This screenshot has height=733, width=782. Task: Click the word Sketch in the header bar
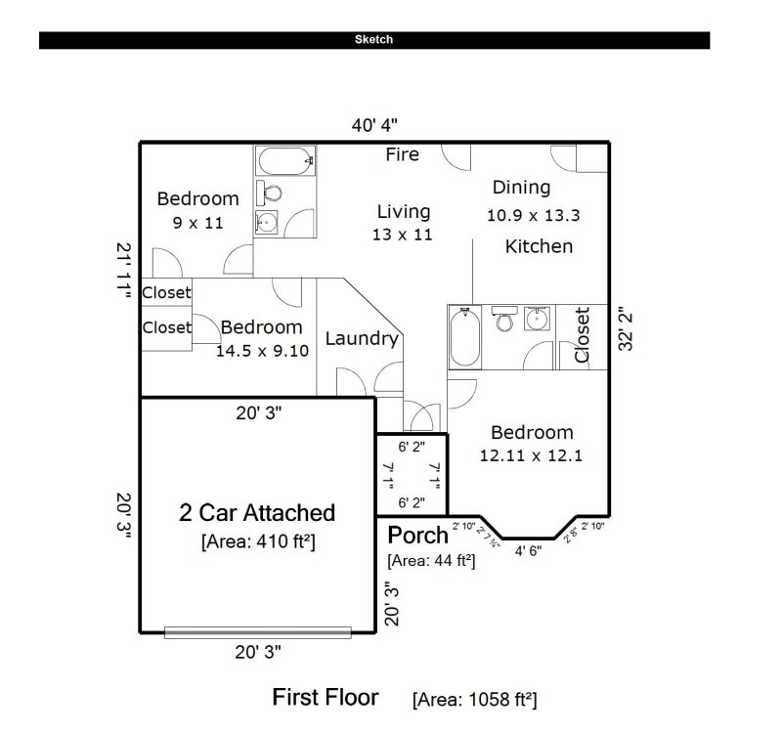pyautogui.click(x=374, y=40)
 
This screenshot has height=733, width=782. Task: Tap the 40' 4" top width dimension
pyautogui.click(x=374, y=125)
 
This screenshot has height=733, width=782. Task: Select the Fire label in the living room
pyautogui.click(x=402, y=154)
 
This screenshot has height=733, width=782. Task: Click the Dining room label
pyautogui.click(x=521, y=187)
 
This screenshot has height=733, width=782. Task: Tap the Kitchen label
pyautogui.click(x=539, y=246)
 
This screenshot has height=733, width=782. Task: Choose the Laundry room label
pyautogui.click(x=362, y=339)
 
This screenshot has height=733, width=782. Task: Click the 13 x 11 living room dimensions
pyautogui.click(x=402, y=235)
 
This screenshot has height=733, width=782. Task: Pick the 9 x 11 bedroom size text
pyautogui.click(x=198, y=223)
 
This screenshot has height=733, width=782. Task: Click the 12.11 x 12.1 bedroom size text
pyautogui.click(x=531, y=454)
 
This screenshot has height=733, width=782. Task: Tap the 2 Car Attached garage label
pyautogui.click(x=257, y=512)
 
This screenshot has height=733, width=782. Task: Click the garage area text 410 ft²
pyautogui.click(x=257, y=539)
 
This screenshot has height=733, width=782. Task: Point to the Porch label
pyautogui.click(x=418, y=535)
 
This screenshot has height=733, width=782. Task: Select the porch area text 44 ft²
pyautogui.click(x=431, y=561)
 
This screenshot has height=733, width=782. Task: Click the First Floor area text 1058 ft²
pyautogui.click(x=474, y=699)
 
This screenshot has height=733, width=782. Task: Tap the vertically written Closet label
pyautogui.click(x=583, y=335)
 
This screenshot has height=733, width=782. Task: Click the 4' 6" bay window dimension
pyautogui.click(x=528, y=550)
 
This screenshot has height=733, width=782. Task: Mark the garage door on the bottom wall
pyautogui.click(x=257, y=632)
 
